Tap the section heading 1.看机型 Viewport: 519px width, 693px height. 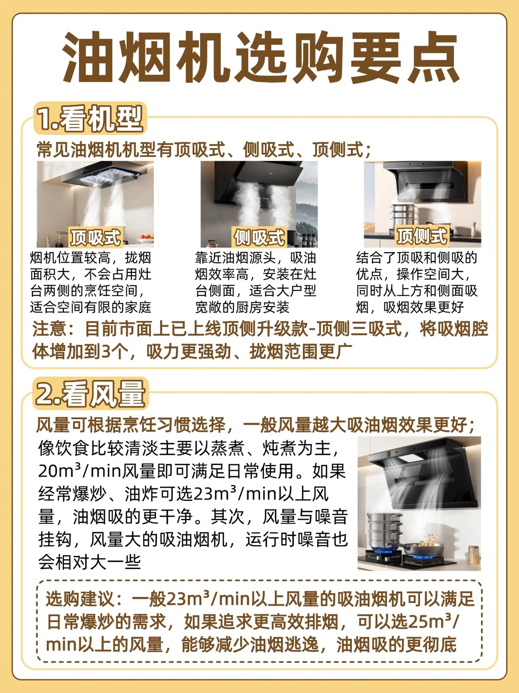pyautogui.click(x=90, y=118)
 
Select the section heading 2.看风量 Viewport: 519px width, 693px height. pyautogui.click(x=91, y=393)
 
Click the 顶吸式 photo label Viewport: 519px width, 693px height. pyautogui.click(x=96, y=237)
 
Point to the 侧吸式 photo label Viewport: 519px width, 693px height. pyautogui.click(x=259, y=237)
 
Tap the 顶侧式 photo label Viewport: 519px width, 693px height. pyautogui.click(x=422, y=236)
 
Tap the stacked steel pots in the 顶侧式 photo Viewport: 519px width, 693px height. pyautogui.click(x=403, y=215)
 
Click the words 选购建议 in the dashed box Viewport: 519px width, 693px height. pyautogui.click(x=79, y=599)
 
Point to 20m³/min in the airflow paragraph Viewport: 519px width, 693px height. pyautogui.click(x=80, y=472)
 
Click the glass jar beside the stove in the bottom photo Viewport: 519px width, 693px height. pyautogui.click(x=473, y=555)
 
